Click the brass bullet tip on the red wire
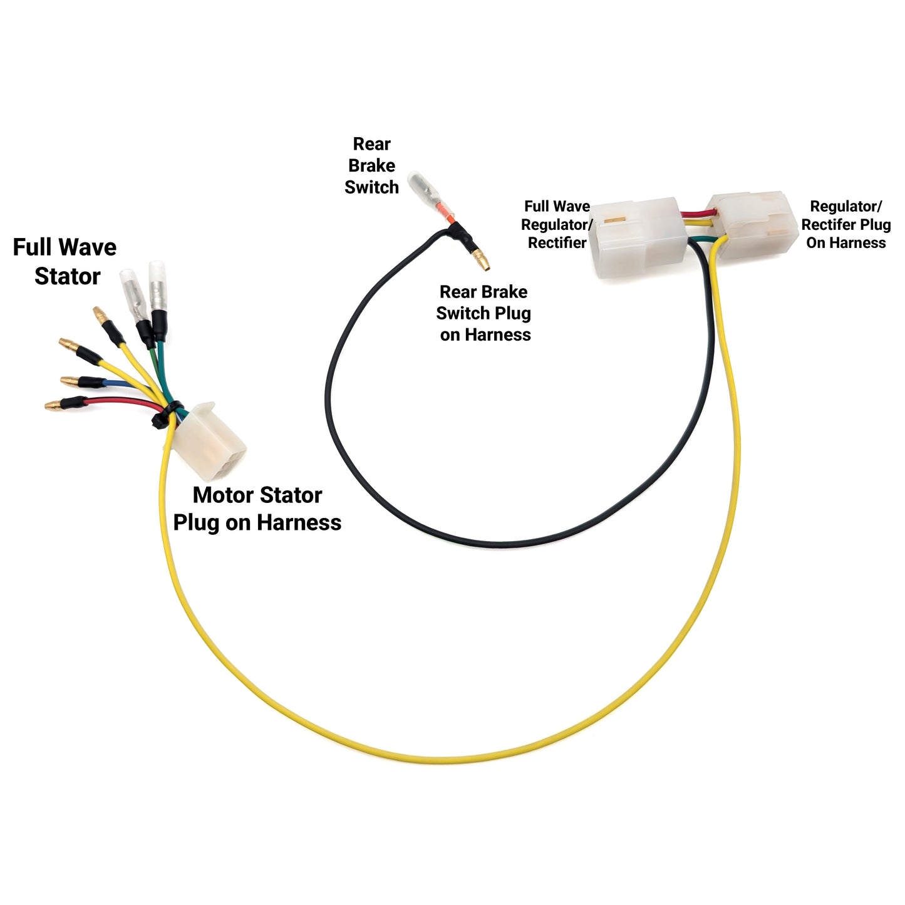point(55,406)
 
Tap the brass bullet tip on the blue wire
point(69,381)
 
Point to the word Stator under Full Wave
point(67,276)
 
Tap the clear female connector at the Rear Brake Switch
point(420,187)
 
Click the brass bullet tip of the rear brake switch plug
point(481,258)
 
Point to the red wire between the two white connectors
point(695,215)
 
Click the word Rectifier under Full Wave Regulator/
point(557,243)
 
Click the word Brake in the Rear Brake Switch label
point(371,166)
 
